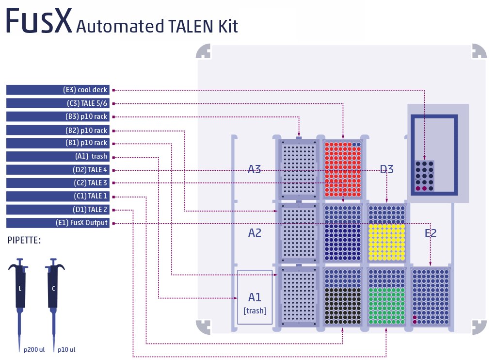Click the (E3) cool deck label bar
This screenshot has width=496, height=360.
pyautogui.click(x=58, y=90)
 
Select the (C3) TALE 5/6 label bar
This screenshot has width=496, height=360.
pyautogui.click(x=58, y=103)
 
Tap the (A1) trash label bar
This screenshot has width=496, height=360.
pyautogui.click(x=58, y=156)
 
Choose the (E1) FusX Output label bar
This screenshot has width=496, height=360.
pyautogui.click(x=58, y=223)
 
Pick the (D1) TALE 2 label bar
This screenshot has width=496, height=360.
pyautogui.click(x=58, y=210)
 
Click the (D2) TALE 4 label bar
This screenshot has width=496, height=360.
pyautogui.click(x=58, y=170)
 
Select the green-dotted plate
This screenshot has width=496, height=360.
pyautogui.click(x=386, y=306)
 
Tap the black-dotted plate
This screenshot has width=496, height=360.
pyautogui.click(x=343, y=306)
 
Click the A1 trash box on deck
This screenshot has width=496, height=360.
pyautogui.click(x=255, y=297)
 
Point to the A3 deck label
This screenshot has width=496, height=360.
pyautogui.click(x=255, y=169)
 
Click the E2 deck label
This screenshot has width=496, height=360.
pyautogui.click(x=431, y=233)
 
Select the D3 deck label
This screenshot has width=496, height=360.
pyautogui.click(x=386, y=169)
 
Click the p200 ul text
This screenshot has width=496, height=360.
pyautogui.click(x=35, y=349)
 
